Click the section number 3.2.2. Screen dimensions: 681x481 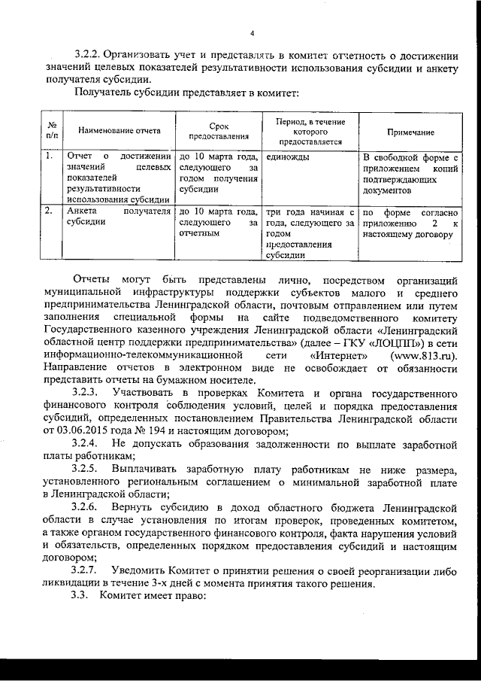[x=87, y=53]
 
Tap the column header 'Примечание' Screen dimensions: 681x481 [x=410, y=131]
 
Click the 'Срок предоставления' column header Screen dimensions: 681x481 [x=219, y=131]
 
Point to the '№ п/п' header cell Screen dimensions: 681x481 [x=53, y=131]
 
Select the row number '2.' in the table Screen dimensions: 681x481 [x=48, y=212]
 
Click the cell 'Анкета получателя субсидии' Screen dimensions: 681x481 [x=117, y=217]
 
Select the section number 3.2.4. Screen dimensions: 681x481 [x=87, y=444]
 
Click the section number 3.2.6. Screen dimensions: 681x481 [x=87, y=507]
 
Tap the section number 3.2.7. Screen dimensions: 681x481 [x=87, y=571]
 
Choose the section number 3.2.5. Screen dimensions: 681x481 [x=87, y=469]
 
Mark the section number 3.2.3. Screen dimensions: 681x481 [x=87, y=393]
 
